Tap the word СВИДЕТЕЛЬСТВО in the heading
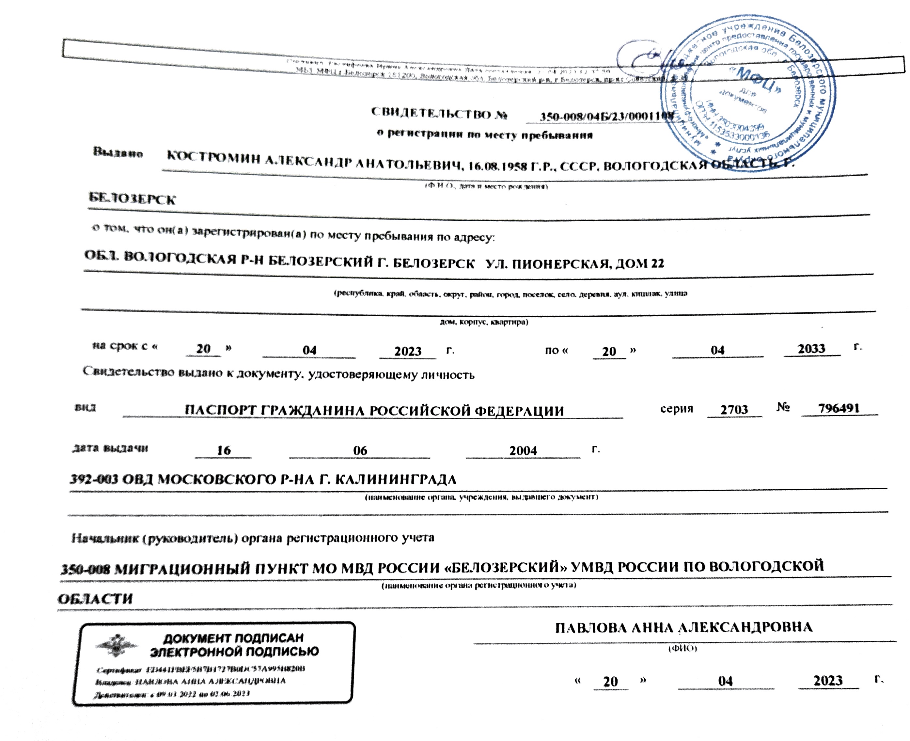click(x=431, y=113)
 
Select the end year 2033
click(x=811, y=349)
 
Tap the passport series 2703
click(x=734, y=409)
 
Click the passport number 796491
click(x=839, y=408)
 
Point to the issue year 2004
click(x=523, y=450)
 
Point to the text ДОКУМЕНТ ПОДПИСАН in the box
click(x=233, y=639)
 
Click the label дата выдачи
click(x=110, y=448)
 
